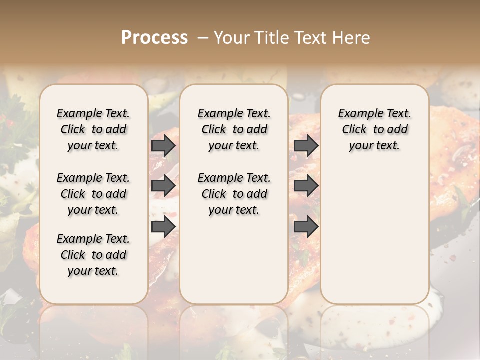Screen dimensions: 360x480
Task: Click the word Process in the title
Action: click(154, 38)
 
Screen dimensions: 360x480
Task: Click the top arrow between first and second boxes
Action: click(163, 145)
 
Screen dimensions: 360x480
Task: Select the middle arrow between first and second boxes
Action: click(163, 186)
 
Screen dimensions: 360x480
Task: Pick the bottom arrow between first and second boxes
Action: click(163, 227)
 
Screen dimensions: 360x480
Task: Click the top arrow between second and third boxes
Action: click(306, 145)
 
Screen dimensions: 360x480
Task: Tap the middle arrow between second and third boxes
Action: click(306, 186)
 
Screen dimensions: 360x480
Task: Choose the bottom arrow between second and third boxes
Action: click(306, 227)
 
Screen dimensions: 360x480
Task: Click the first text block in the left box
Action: click(93, 129)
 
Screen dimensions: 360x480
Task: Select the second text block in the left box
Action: click(93, 194)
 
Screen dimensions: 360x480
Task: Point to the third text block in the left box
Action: click(93, 255)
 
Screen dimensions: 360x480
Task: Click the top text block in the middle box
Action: click(234, 129)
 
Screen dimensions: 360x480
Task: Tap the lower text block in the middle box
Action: click(234, 194)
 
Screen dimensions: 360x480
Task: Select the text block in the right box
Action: click(374, 129)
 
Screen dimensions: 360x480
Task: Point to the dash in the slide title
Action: click(203, 38)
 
